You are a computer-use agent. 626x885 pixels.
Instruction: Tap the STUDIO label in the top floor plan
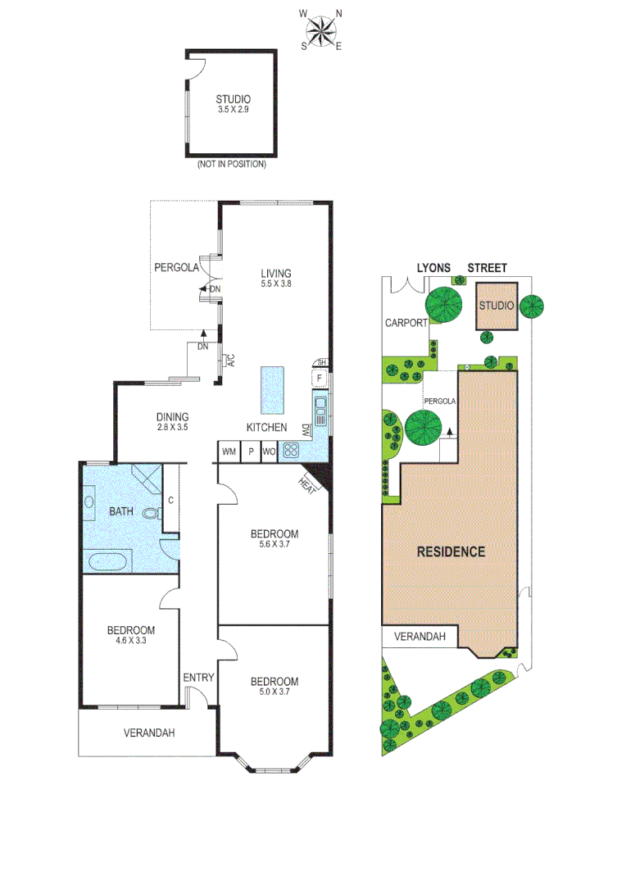pyautogui.click(x=234, y=100)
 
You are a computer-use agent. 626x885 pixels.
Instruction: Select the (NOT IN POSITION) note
pyautogui.click(x=231, y=165)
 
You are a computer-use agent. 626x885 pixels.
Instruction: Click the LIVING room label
pyautogui.click(x=276, y=274)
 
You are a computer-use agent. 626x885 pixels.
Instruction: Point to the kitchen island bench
pyautogui.click(x=273, y=390)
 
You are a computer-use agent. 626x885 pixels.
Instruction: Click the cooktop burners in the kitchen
pyautogui.click(x=291, y=450)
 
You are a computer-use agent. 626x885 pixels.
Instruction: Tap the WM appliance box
pyautogui.click(x=229, y=451)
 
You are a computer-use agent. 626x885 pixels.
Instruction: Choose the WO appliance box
pyautogui.click(x=270, y=451)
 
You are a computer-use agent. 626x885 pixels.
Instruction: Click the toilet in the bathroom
pyautogui.click(x=151, y=514)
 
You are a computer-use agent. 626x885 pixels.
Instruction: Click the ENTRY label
pyautogui.click(x=198, y=677)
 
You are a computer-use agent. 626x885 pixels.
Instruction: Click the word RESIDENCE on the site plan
pyautogui.click(x=451, y=551)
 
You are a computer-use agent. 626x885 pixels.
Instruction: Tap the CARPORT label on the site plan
pyautogui.click(x=406, y=323)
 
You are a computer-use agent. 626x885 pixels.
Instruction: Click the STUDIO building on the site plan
pyautogui.click(x=497, y=306)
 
